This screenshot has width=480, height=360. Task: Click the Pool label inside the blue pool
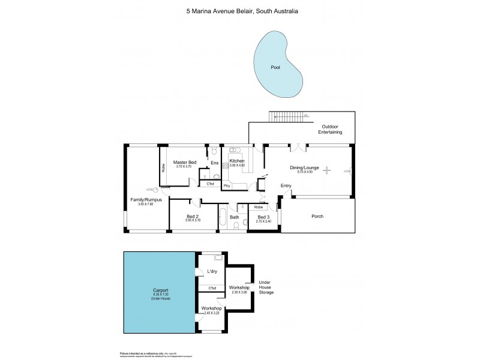tap(275, 68)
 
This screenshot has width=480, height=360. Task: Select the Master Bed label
tap(185, 163)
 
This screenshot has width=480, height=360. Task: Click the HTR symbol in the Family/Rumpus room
tap(155, 190)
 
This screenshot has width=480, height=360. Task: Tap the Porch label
tap(317, 216)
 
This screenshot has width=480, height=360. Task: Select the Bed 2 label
tap(193, 216)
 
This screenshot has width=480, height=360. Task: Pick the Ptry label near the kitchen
tap(227, 185)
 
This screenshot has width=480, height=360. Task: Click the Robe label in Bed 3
tap(258, 207)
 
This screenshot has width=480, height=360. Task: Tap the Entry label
tap(286, 185)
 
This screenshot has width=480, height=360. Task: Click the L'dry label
tap(211, 272)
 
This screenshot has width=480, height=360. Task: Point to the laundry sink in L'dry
tap(218, 257)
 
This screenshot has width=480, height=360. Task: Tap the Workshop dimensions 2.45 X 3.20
tap(212, 313)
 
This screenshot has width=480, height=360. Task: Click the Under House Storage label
tap(265, 288)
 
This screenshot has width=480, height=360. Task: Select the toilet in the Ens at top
tap(214, 150)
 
